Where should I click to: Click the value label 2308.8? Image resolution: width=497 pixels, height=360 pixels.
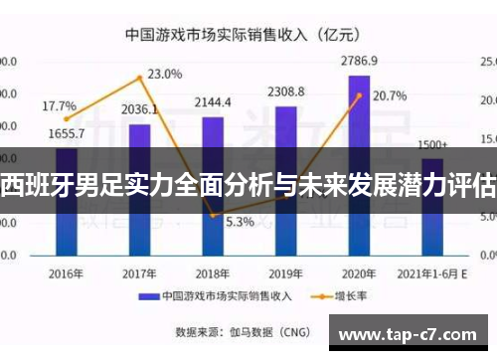point(286,92)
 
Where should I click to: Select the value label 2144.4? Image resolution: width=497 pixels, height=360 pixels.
point(213,102)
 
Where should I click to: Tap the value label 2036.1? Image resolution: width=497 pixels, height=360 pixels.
point(139,109)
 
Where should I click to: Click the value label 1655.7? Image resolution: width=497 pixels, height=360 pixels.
point(67,133)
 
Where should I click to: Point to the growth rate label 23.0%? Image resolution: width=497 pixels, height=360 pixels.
point(165,74)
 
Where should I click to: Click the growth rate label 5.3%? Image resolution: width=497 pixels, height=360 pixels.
point(240,222)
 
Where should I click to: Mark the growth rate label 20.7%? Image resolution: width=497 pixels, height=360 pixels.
point(389,96)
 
